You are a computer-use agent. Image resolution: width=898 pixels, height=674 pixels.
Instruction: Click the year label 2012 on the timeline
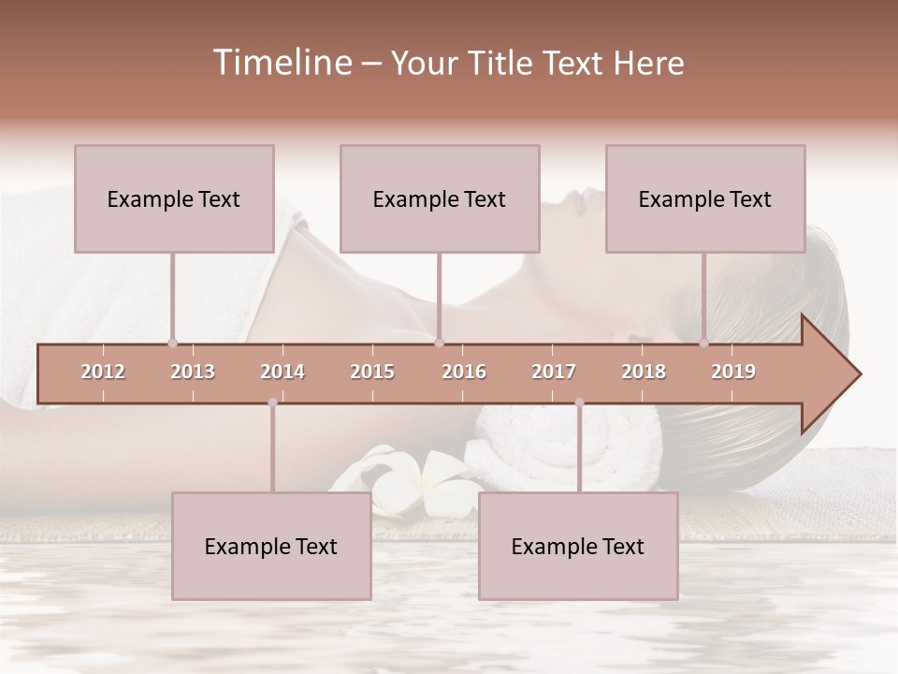(x=103, y=372)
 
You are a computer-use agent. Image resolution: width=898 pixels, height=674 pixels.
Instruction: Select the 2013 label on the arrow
(x=193, y=372)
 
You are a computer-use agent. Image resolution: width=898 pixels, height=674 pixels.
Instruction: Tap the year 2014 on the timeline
(x=282, y=372)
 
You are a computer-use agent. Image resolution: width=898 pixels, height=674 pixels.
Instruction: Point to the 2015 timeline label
(x=372, y=372)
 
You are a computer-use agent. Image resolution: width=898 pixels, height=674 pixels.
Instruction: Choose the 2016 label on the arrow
(x=464, y=372)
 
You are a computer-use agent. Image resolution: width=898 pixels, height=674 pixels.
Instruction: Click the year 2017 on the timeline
(x=554, y=372)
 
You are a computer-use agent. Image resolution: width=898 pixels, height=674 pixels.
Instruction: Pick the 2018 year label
(x=644, y=372)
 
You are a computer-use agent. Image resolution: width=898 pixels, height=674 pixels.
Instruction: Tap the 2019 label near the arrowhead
(x=733, y=372)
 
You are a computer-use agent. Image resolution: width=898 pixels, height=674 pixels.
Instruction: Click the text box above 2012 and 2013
(x=174, y=198)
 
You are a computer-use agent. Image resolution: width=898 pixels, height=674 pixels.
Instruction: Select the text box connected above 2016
(x=440, y=198)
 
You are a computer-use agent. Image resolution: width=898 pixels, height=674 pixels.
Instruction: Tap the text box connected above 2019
(x=705, y=198)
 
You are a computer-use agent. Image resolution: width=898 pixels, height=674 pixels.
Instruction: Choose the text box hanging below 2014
(x=271, y=546)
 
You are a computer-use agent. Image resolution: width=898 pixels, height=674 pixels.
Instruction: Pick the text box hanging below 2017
(x=578, y=546)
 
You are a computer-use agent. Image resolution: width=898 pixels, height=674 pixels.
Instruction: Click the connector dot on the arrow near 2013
(x=172, y=343)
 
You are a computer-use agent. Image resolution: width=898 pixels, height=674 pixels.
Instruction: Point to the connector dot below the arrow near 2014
(x=272, y=403)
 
